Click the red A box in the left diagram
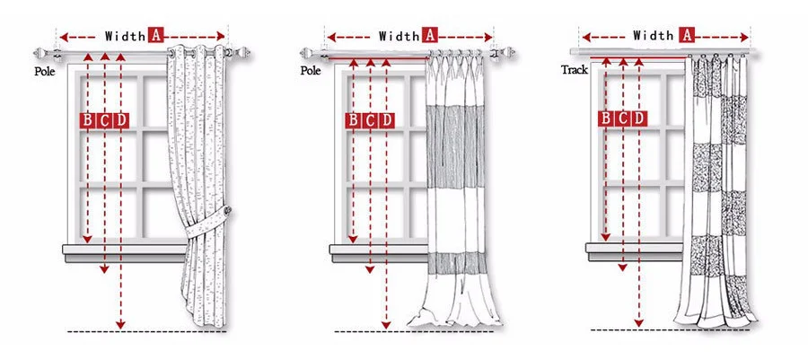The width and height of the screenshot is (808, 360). point(155,36)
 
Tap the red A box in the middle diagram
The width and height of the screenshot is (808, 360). point(429,36)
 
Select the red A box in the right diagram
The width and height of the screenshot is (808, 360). point(687,35)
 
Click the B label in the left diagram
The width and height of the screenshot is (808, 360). point(88,120)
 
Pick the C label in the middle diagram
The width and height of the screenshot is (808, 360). point(369,120)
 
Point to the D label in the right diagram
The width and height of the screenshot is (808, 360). point(638,118)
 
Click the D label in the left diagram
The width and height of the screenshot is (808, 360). point(121,120)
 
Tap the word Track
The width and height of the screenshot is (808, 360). point(575,69)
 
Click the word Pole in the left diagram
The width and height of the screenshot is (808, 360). point(46,69)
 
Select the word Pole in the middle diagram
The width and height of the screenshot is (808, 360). point(311,69)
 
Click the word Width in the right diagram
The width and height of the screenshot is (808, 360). point(653,35)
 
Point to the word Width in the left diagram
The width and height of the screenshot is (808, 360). point(125,36)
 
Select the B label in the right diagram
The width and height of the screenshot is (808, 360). point(606,118)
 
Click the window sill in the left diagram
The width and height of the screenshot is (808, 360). point(126,250)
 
